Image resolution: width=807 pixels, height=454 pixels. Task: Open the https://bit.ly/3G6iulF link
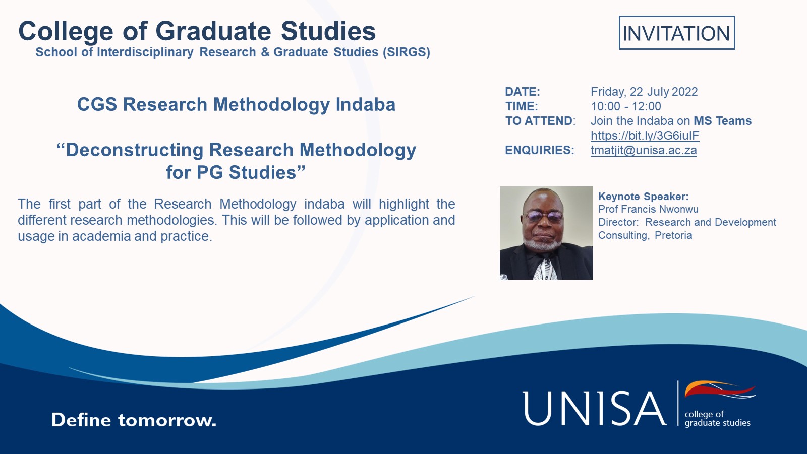(645, 136)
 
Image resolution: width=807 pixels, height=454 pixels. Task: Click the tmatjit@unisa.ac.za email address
(644, 150)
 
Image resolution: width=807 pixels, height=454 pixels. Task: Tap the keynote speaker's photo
(546, 233)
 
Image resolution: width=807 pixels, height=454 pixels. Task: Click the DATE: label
(523, 92)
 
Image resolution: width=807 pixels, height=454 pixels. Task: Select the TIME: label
(522, 106)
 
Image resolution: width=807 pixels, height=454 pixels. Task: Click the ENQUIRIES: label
(539, 150)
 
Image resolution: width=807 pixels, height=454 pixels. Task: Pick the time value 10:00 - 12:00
(626, 106)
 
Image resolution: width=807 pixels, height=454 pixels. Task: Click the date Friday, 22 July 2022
(644, 92)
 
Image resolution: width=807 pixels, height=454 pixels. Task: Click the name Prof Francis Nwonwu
(648, 209)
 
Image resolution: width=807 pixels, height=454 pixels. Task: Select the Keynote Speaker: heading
(644, 197)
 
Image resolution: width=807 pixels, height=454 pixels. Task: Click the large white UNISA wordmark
(594, 409)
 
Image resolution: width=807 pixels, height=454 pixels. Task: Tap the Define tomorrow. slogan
(134, 420)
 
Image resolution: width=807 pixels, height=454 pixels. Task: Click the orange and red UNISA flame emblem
(720, 389)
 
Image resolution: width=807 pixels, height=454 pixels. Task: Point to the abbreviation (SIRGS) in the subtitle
(407, 52)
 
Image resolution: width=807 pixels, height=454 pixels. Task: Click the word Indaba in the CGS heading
(366, 104)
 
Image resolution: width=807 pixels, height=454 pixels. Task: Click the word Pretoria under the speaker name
(673, 235)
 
